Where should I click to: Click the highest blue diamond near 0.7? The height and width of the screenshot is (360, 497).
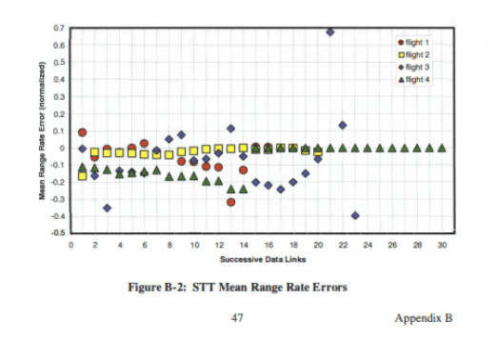330,31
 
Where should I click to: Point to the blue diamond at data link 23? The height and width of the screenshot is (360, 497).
355,215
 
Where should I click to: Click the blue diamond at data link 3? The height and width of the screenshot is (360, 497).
108,208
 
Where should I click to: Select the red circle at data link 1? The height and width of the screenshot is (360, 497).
83,132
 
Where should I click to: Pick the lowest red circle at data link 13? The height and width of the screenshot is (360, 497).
231,202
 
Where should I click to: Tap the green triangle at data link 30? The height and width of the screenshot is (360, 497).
442,148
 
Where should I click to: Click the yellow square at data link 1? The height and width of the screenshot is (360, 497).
83,176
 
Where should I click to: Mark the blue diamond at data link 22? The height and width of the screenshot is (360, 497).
343,125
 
